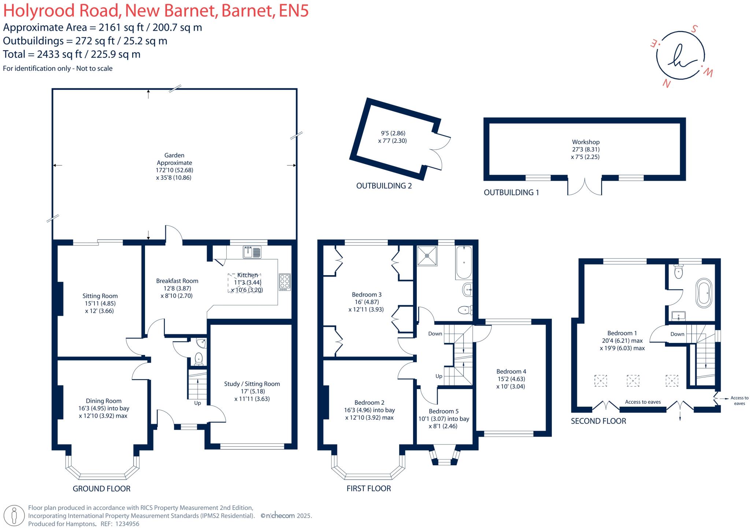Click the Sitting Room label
[x=100, y=296]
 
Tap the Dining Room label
[x=104, y=401]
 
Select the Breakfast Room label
[x=177, y=281]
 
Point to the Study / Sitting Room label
[x=252, y=384]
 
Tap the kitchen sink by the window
[x=252, y=252]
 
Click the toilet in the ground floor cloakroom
[x=198, y=358]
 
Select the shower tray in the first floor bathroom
[x=427, y=255]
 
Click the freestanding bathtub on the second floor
[x=704, y=293]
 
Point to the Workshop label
[x=586, y=142]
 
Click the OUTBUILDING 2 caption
[x=384, y=186]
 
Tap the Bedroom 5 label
[x=443, y=411]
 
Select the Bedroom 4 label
[x=511, y=371]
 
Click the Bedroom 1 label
[x=622, y=333]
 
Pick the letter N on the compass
[x=667, y=84]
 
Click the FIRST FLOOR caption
[x=369, y=488]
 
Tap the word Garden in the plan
[x=174, y=155]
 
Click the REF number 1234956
[x=127, y=524]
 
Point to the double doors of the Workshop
[x=585, y=187]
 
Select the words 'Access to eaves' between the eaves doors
[x=643, y=402]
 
